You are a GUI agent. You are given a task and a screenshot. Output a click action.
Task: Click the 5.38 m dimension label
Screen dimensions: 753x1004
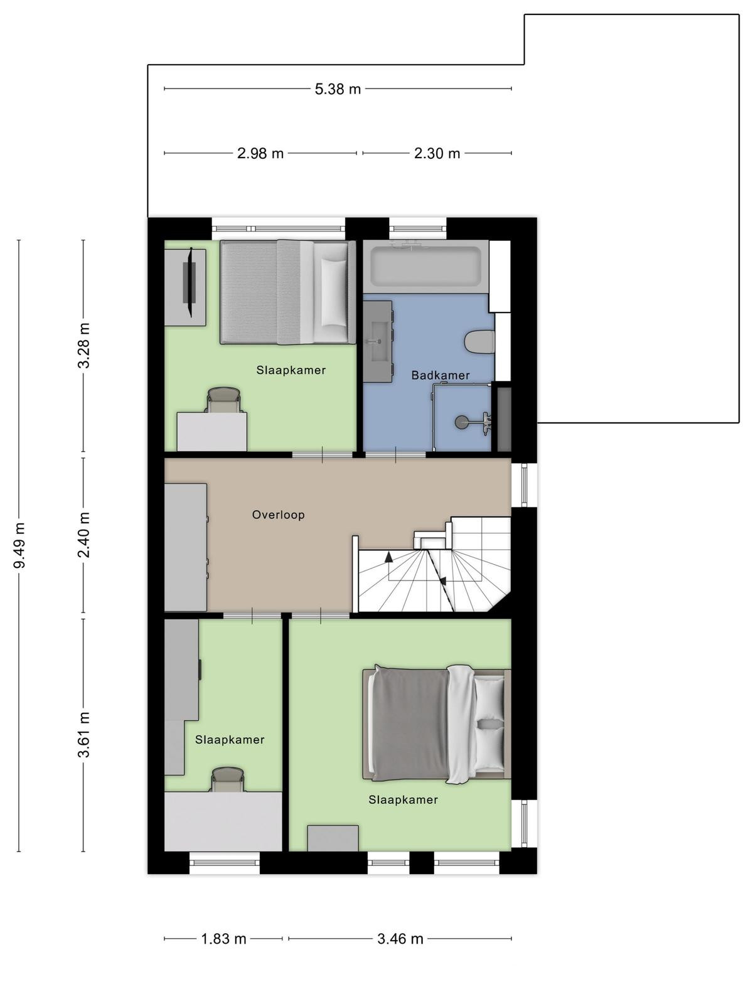pyautogui.click(x=338, y=88)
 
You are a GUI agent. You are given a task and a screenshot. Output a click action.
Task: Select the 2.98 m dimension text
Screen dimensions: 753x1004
pyautogui.click(x=260, y=153)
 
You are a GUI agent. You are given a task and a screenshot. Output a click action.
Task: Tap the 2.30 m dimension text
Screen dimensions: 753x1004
pyautogui.click(x=437, y=153)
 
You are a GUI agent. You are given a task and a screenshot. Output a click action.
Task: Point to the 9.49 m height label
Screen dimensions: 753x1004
pyautogui.click(x=19, y=545)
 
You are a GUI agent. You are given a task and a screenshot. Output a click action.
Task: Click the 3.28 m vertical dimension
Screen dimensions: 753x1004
pyautogui.click(x=84, y=345)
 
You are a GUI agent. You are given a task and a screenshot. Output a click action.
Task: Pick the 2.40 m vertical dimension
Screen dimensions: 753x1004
pyautogui.click(x=84, y=535)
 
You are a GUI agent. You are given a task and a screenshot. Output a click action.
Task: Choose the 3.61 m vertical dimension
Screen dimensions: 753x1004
pyautogui.click(x=84, y=735)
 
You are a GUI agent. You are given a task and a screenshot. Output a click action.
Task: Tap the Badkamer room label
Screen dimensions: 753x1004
pyautogui.click(x=441, y=375)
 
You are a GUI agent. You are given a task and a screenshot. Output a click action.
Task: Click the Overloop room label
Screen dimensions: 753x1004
pyautogui.click(x=278, y=515)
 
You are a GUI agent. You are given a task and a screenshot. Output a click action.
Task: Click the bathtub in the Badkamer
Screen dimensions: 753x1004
pyautogui.click(x=425, y=266)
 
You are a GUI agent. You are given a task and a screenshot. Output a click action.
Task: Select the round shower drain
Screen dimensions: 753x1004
pyautogui.click(x=462, y=422)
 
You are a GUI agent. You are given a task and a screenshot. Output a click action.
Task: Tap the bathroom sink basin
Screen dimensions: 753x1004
pyautogui.click(x=380, y=341)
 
